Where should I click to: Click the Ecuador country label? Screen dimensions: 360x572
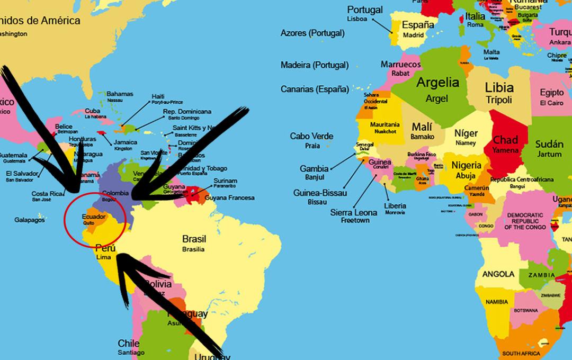[94, 217]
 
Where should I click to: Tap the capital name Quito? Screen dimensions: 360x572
[88, 223]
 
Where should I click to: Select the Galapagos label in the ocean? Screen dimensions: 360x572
[30, 220]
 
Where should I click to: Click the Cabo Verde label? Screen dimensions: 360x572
[311, 136]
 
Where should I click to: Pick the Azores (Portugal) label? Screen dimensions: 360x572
[312, 33]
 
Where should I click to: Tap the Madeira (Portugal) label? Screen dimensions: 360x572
[314, 65]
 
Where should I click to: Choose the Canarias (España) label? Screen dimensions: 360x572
[315, 89]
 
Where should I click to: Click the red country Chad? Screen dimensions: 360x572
[505, 140]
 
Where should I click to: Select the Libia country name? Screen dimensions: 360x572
[499, 87]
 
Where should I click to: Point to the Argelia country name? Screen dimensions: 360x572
[437, 83]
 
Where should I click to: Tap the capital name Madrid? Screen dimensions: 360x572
[414, 35]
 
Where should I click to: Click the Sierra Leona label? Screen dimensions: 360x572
[354, 212]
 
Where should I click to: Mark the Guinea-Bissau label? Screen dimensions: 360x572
[320, 193]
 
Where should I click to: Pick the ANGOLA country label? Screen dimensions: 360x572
[498, 274]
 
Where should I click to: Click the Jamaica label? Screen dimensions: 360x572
[125, 142]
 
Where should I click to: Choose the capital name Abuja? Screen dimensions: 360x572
[466, 176]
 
